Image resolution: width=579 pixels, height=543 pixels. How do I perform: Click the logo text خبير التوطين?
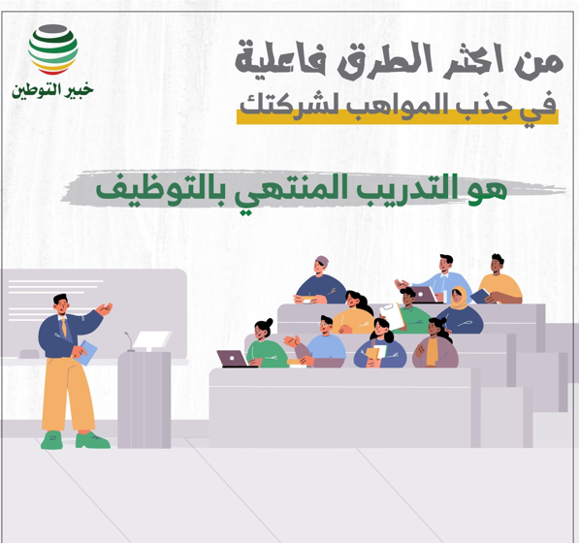(x=54, y=92)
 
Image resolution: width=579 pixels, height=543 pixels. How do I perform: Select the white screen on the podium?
(x=151, y=339)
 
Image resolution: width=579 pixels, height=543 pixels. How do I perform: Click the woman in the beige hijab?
(x=459, y=308)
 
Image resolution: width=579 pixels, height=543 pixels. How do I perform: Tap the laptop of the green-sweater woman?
(x=233, y=359)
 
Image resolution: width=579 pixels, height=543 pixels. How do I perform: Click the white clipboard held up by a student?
(x=400, y=314)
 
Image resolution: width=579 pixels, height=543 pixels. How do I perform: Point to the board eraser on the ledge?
(x=28, y=354)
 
